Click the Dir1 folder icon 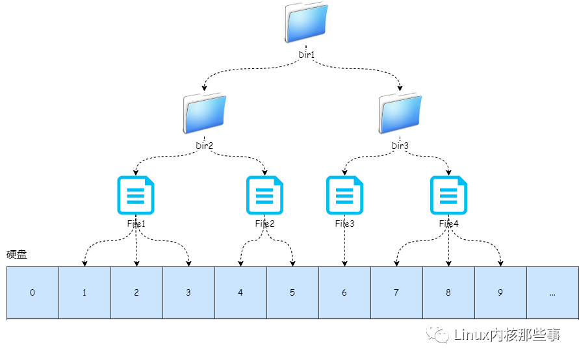tap(305, 23)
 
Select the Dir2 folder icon tap(204, 114)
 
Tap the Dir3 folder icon tap(400, 114)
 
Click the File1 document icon tap(136, 195)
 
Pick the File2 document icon tap(264, 195)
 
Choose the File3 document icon tap(344, 195)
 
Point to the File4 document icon tap(448, 195)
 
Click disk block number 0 tap(32, 292)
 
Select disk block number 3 tap(188, 292)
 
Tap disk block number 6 tap(344, 292)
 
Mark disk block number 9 tap(500, 292)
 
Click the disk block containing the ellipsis tap(552, 292)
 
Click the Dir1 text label tap(306, 55)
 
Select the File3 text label tap(344, 224)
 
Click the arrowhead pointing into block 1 tap(84, 263)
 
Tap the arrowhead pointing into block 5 tap(292, 263)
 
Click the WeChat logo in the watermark tap(441, 335)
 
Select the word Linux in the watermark tap(471, 336)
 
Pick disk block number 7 tap(396, 292)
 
